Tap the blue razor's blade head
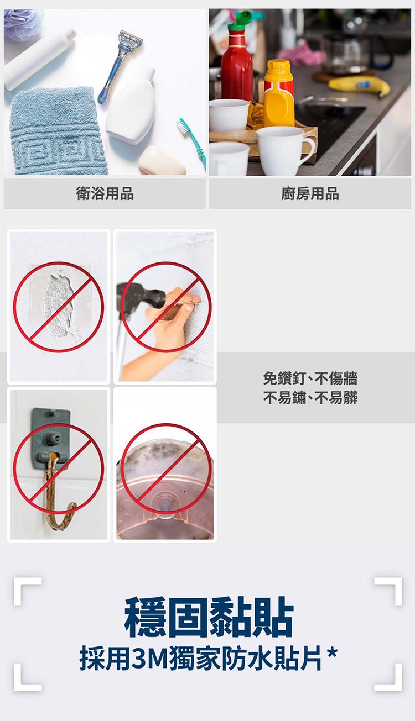130,40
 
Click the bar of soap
161,161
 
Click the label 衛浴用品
105,193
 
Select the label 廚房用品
310,193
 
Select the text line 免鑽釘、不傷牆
310,378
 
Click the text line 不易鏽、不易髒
310,397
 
